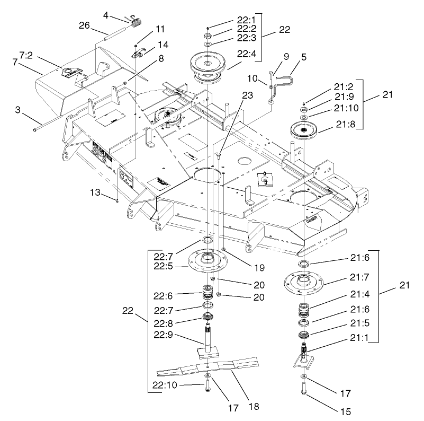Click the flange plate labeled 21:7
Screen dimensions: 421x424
305,280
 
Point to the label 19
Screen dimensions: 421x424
244,261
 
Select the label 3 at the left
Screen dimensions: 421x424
17,110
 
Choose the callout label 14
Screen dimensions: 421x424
163,45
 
